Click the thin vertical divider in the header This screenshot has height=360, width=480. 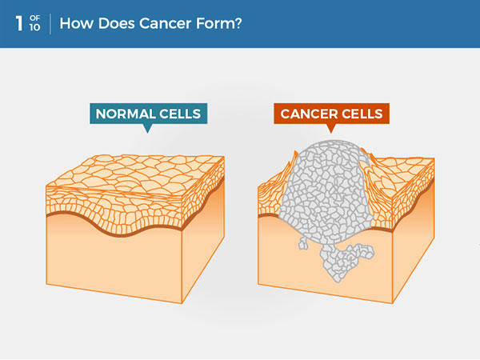pyautogui.click(x=50, y=23)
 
